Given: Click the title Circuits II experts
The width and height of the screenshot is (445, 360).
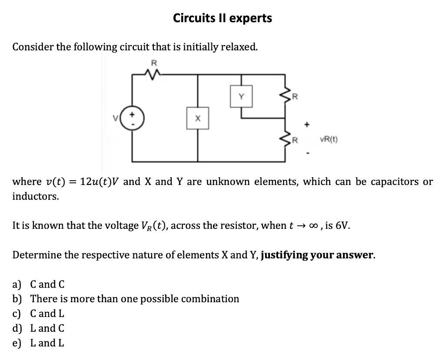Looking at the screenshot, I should coord(222,18).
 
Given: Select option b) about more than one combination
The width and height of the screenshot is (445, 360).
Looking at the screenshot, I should coord(126,299).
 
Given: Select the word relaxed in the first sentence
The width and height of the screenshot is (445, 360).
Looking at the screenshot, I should coord(239,46).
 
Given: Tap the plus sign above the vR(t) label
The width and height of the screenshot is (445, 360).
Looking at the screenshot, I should coord(308,125).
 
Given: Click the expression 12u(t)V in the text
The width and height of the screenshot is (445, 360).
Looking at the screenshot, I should coord(92,182).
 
